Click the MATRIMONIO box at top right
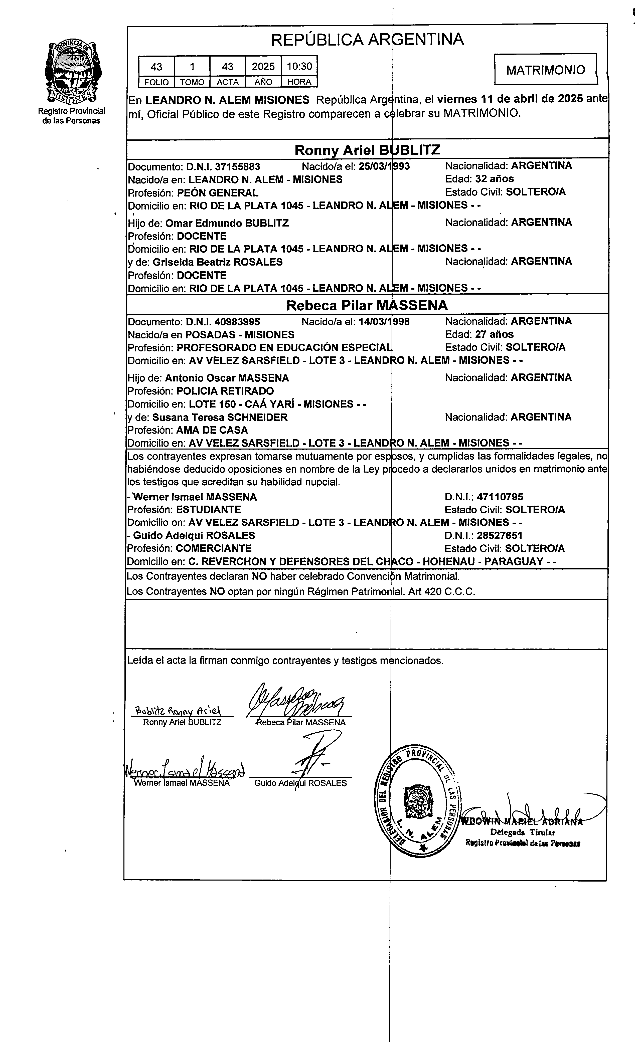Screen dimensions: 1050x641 pos(546,70)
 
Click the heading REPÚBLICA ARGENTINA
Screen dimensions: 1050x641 pos(367,40)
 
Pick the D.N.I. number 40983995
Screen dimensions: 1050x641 pos(237,322)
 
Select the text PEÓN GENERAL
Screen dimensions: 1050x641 pos(217,193)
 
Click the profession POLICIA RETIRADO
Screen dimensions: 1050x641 pos(225,391)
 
